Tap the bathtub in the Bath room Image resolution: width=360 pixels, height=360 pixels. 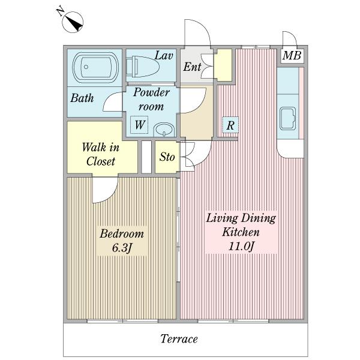95,67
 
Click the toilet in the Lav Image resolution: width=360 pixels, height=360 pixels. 143,67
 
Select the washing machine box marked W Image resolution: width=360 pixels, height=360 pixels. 139,125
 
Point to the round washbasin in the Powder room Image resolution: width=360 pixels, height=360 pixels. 164,130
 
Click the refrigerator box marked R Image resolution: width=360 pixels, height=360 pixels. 230,125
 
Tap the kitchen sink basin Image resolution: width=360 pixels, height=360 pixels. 287,119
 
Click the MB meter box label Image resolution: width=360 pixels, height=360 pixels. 292,56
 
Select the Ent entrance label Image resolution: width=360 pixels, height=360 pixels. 192,67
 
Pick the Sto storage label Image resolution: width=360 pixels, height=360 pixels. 167,157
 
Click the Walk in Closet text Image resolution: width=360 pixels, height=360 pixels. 101,154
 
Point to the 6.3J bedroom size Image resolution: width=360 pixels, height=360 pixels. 122,248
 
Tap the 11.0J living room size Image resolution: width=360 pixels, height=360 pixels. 241,247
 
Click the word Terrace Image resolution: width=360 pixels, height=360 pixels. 179,339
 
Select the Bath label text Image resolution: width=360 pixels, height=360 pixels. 82,98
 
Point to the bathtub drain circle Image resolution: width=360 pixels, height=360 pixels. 86,67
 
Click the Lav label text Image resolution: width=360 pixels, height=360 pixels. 163,56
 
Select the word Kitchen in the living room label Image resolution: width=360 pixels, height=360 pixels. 241,232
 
